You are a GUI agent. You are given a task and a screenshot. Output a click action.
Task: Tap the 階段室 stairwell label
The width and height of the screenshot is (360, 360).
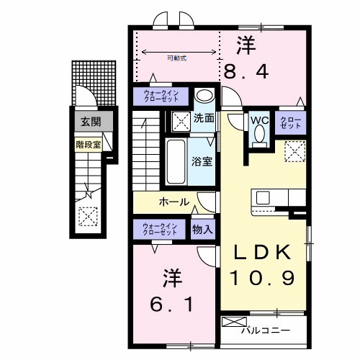(x=89, y=143)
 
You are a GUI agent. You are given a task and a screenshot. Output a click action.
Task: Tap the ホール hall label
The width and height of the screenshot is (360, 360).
(x=174, y=202)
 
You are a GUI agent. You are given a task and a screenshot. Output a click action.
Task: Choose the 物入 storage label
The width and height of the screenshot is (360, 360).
(x=202, y=230)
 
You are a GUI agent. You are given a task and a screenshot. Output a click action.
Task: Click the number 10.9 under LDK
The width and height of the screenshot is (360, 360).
(x=263, y=277)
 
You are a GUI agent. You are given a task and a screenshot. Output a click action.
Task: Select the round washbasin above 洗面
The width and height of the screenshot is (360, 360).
(x=204, y=96)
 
